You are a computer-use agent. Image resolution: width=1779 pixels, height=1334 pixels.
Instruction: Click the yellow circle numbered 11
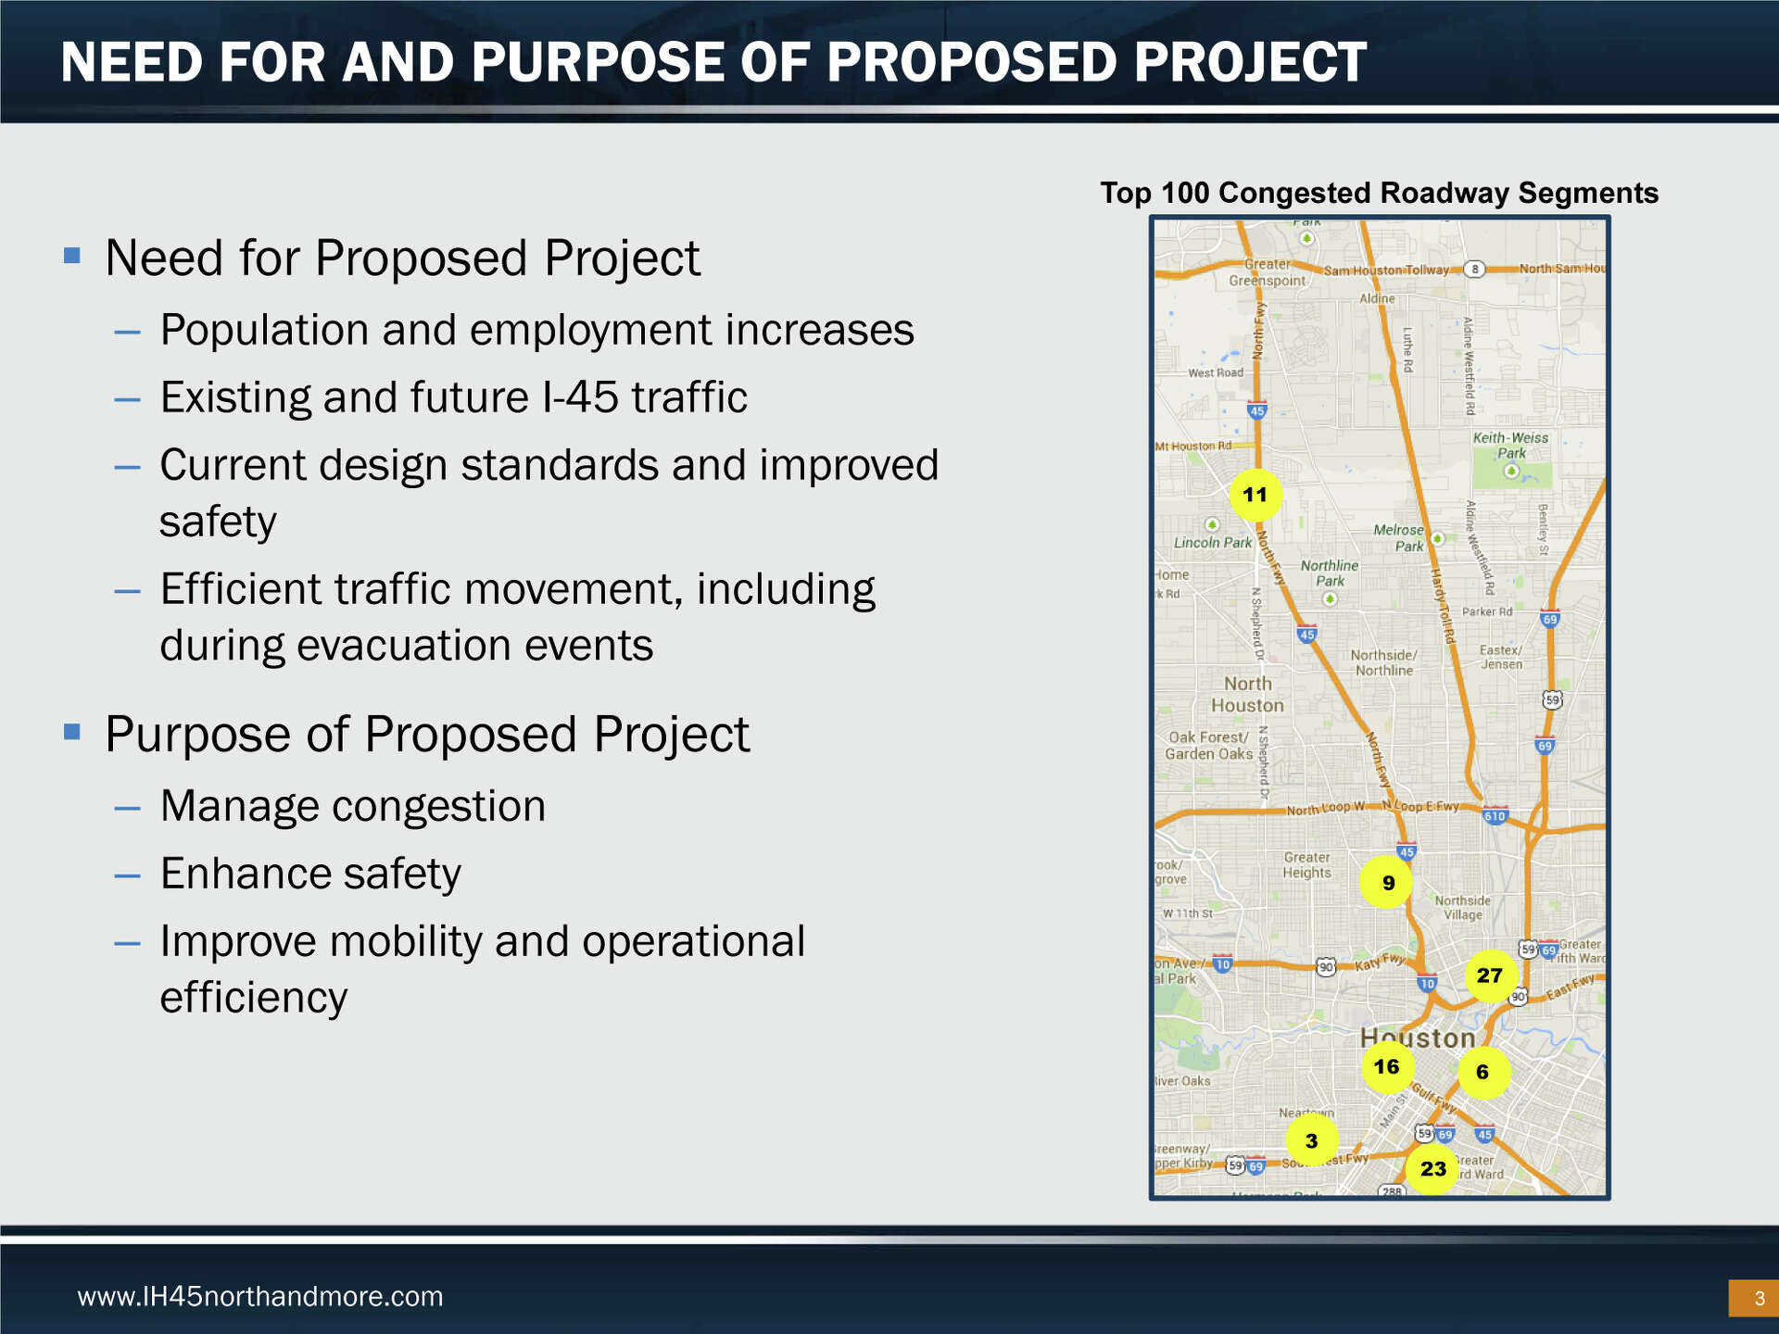1255,495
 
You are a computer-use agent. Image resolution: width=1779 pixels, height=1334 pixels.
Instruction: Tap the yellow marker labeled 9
1387,883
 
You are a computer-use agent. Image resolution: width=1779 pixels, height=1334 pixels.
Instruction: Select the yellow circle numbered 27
1490,975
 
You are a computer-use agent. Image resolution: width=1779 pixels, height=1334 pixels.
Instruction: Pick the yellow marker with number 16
1387,1066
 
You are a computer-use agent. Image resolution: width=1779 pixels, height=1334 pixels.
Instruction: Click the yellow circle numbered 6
1482,1072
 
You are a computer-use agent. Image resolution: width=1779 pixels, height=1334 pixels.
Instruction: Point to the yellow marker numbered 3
1311,1140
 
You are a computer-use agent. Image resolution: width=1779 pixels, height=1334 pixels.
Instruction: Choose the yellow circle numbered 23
1432,1169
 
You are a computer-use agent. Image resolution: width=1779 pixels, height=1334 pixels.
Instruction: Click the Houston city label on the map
1418,1038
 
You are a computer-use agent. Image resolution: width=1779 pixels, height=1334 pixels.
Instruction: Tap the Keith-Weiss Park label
1510,446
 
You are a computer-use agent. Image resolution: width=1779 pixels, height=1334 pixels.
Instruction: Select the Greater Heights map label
1306,864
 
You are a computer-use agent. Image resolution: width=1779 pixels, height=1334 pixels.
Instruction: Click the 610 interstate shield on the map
1495,816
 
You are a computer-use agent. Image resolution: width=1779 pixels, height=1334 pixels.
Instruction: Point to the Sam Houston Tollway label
1385,271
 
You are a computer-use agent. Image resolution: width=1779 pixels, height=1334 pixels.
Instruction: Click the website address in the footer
260,1296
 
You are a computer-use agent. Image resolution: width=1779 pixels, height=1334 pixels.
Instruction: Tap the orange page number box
1753,1298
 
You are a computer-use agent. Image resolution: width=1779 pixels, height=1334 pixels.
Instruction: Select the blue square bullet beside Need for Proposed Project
72,255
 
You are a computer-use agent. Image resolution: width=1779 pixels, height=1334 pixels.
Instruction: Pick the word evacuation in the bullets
404,645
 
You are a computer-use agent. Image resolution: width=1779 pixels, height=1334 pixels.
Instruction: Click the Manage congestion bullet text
352,806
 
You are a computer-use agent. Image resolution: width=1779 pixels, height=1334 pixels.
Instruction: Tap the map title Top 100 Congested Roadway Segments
1379,193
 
